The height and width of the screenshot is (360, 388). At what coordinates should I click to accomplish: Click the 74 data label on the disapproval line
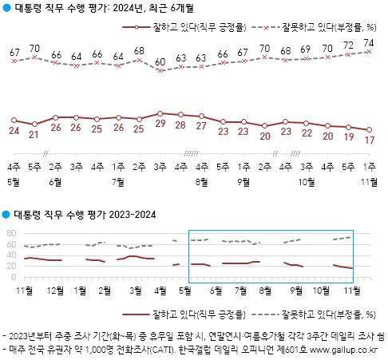pyautogui.click(x=370, y=43)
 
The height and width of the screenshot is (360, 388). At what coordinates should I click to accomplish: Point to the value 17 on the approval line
pyautogui.click(x=370, y=140)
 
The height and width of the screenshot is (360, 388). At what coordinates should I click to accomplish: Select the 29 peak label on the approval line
pyautogui.click(x=160, y=125)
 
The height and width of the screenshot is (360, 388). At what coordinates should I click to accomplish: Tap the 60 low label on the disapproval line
pyautogui.click(x=160, y=61)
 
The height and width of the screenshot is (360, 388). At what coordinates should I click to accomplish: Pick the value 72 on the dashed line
pyautogui.click(x=349, y=46)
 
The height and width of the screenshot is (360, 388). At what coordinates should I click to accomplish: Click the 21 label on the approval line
pyautogui.click(x=34, y=133)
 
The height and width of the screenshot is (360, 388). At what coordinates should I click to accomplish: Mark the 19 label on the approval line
pyautogui.click(x=349, y=136)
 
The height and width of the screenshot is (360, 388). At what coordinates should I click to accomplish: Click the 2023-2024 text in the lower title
pyautogui.click(x=130, y=215)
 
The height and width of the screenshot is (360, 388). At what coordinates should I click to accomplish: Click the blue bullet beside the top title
pyautogui.click(x=7, y=8)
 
